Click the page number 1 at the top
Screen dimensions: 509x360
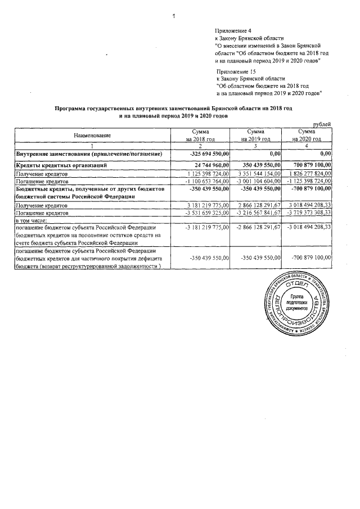click(174, 15)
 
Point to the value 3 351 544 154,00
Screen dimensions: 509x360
click(258, 174)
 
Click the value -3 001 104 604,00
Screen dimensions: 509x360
click(256, 182)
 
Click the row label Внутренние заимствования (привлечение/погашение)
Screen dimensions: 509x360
click(90, 154)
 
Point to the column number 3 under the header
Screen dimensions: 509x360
click(256, 146)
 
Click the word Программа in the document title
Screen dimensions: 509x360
click(71, 107)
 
